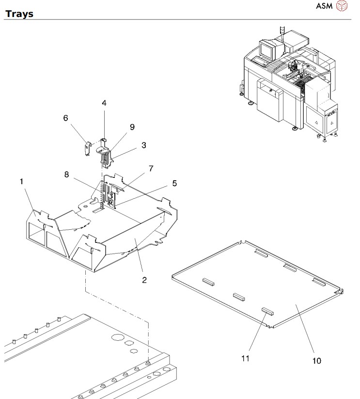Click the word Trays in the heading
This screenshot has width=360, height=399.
19,14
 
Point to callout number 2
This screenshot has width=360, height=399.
144,280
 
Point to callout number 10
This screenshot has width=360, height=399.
316,361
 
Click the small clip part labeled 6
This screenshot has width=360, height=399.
86,147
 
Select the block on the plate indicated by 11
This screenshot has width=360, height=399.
267,310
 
